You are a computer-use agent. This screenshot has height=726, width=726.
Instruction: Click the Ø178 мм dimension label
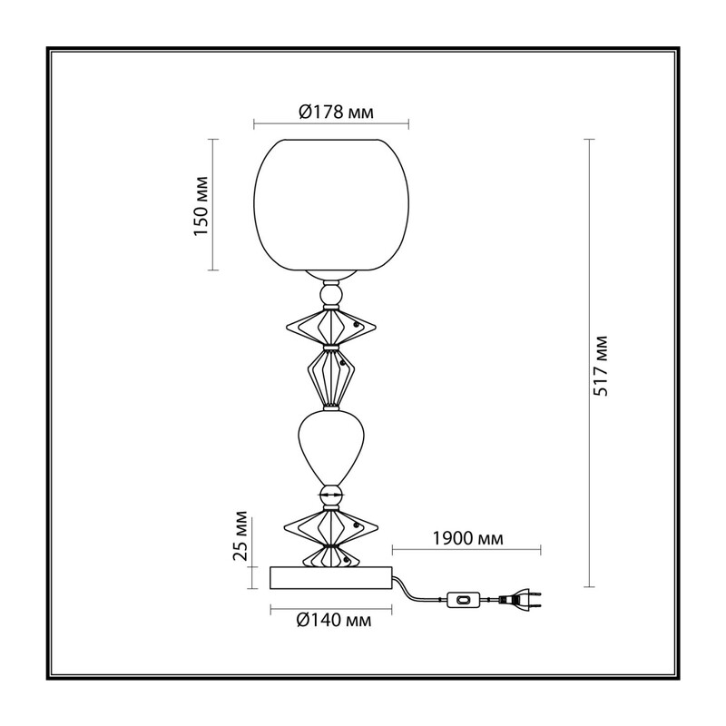point(336,112)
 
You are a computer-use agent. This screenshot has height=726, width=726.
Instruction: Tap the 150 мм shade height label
point(201,206)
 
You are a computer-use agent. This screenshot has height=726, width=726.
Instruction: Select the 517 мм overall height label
point(601,366)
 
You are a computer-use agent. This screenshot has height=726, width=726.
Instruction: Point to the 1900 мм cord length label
point(467,538)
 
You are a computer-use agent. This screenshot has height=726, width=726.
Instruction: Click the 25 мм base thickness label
point(240,535)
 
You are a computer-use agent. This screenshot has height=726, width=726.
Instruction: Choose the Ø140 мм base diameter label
point(333,620)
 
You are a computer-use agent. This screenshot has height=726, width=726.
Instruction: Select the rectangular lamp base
point(331,578)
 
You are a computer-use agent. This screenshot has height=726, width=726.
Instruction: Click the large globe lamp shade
point(331,204)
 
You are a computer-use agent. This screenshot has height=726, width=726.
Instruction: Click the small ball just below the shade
point(331,294)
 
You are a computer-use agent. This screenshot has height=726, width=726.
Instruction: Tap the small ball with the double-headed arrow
point(331,495)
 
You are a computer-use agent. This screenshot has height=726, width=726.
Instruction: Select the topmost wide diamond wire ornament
point(331,327)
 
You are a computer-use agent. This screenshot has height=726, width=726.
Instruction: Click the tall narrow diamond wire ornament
point(331,378)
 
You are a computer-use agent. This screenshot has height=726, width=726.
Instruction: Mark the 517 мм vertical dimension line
point(589,363)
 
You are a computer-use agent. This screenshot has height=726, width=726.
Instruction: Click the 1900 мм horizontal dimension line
point(466,550)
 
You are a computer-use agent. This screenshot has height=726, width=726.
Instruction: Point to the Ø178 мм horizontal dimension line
point(331,123)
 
